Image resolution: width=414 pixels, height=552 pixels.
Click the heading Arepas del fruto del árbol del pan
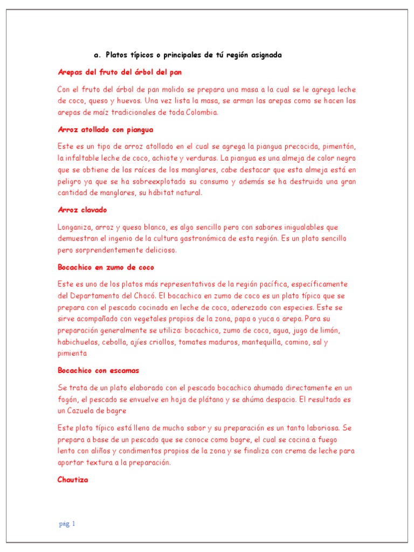(123, 72)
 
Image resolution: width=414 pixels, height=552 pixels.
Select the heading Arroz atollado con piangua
(106, 129)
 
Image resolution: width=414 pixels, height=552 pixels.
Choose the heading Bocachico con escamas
(98, 370)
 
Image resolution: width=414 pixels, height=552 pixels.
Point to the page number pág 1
(67, 523)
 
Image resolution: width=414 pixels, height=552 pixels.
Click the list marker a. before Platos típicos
(97, 55)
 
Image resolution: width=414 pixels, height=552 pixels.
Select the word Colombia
(202, 112)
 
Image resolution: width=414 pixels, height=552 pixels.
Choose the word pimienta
(72, 354)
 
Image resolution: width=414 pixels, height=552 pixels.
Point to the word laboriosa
(319, 427)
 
